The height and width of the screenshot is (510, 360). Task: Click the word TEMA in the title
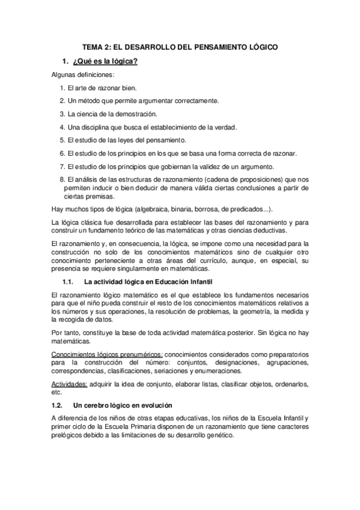[x=93, y=46]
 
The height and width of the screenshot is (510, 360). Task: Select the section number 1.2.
[x=58, y=405]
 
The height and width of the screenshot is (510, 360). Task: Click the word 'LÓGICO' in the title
[x=262, y=46]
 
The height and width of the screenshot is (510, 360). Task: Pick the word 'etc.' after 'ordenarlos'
[x=57, y=391]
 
